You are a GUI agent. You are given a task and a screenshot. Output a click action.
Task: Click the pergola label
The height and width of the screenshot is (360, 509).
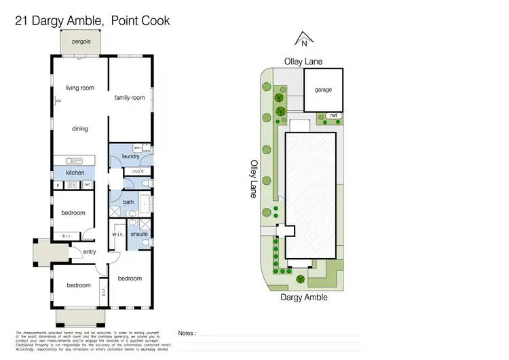pos(81,41)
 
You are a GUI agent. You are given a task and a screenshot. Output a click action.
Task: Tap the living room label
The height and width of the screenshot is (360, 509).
pos(79,88)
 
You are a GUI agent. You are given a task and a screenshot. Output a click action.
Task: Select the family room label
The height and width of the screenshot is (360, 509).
pos(130,98)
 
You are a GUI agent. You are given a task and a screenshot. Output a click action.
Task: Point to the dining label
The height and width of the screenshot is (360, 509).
pos(79,129)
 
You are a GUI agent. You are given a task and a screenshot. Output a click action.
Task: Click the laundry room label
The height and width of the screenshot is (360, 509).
pos(130,157)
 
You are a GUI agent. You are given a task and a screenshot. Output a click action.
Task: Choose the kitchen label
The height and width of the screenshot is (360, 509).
pos(75,173)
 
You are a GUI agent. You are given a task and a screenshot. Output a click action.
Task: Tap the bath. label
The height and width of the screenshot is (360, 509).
pos(129,202)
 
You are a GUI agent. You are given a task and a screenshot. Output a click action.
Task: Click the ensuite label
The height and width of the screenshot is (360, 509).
pos(139,234)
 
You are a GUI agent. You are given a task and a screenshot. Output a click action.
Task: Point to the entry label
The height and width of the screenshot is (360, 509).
pos(90,252)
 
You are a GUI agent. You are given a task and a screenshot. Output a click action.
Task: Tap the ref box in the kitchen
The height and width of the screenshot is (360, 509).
pos(87,185)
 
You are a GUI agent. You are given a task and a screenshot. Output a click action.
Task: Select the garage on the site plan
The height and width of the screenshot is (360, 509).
pos(323,90)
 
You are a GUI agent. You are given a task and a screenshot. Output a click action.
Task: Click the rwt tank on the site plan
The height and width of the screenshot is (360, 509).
pos(333,116)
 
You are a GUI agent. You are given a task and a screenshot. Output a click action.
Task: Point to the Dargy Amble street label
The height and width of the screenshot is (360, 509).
pos(304,298)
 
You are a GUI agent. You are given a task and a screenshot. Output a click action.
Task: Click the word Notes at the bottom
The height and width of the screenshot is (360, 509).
pos(187,334)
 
